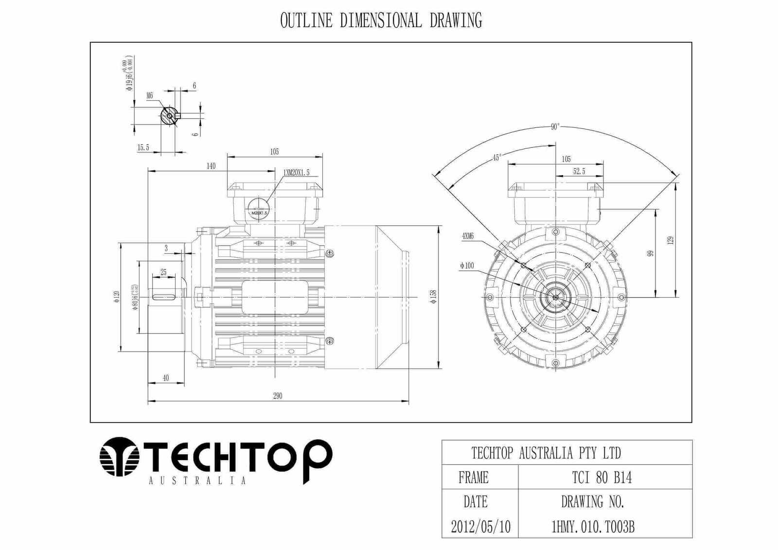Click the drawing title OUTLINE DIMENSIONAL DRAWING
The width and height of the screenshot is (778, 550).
[381, 21]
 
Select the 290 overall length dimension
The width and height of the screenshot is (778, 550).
[277, 396]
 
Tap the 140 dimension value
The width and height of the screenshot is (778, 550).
[211, 166]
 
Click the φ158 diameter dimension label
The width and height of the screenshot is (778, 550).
[434, 296]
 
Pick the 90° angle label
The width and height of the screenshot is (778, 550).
[555, 127]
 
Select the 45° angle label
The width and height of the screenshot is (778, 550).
[496, 158]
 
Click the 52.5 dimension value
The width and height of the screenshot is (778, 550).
[579, 172]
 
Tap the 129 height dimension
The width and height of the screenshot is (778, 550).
[671, 240]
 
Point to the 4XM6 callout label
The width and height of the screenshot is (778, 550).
[468, 236]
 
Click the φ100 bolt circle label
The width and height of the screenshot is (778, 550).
[466, 266]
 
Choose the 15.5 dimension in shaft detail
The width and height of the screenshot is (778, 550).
[143, 147]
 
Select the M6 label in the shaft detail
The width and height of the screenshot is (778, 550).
[150, 96]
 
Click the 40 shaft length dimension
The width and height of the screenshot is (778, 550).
[165, 378]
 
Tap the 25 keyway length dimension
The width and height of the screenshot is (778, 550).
[163, 272]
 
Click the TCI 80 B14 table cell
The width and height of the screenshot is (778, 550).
[601, 478]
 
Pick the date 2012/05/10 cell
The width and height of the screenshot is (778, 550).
[480, 527]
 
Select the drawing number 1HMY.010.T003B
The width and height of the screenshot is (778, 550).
[592, 527]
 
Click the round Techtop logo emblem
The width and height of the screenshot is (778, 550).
[119, 457]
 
